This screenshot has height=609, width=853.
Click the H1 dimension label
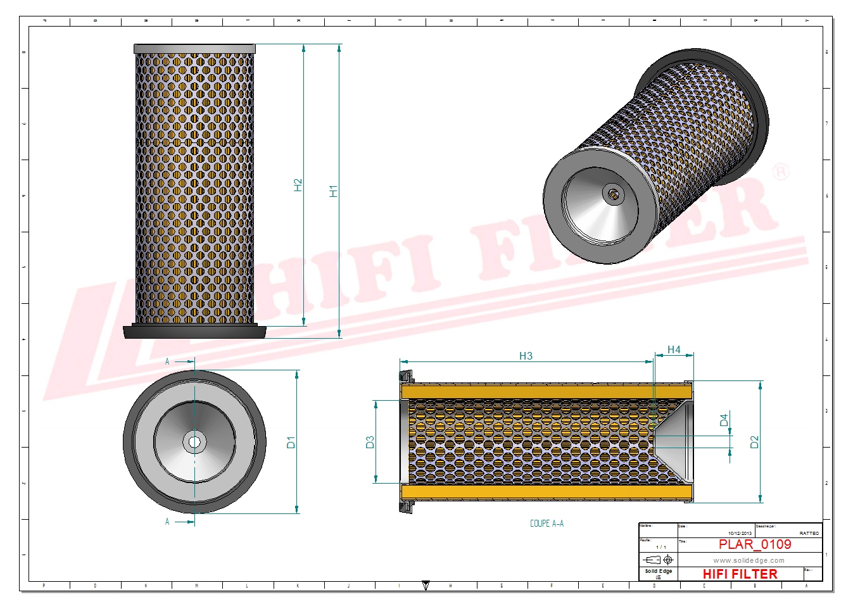click(x=333, y=191)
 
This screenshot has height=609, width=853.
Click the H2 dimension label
click(x=298, y=185)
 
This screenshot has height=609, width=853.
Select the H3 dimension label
click(x=526, y=356)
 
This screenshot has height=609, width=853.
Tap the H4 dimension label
click(x=674, y=349)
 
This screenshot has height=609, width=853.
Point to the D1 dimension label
click(x=291, y=442)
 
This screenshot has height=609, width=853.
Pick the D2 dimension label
click(x=754, y=442)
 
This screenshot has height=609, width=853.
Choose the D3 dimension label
click(x=370, y=442)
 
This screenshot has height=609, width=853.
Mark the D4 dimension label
click(x=724, y=420)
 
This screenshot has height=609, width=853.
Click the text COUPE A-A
click(x=547, y=524)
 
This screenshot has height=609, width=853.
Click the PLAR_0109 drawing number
click(x=754, y=544)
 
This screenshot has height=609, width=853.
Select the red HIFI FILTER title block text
click(x=740, y=574)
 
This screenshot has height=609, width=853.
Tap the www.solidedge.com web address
click(x=749, y=560)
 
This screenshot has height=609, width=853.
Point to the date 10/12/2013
click(x=740, y=534)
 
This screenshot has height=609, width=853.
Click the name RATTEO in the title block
click(x=809, y=534)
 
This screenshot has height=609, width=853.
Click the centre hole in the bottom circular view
click(x=194, y=441)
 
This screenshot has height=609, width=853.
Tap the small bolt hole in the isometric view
click(x=612, y=194)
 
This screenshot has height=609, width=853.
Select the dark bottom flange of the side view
click(x=194, y=332)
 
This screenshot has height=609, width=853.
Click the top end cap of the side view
click(x=194, y=49)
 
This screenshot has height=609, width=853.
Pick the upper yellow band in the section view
click(x=545, y=391)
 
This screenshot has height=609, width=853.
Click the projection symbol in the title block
click(x=658, y=560)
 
